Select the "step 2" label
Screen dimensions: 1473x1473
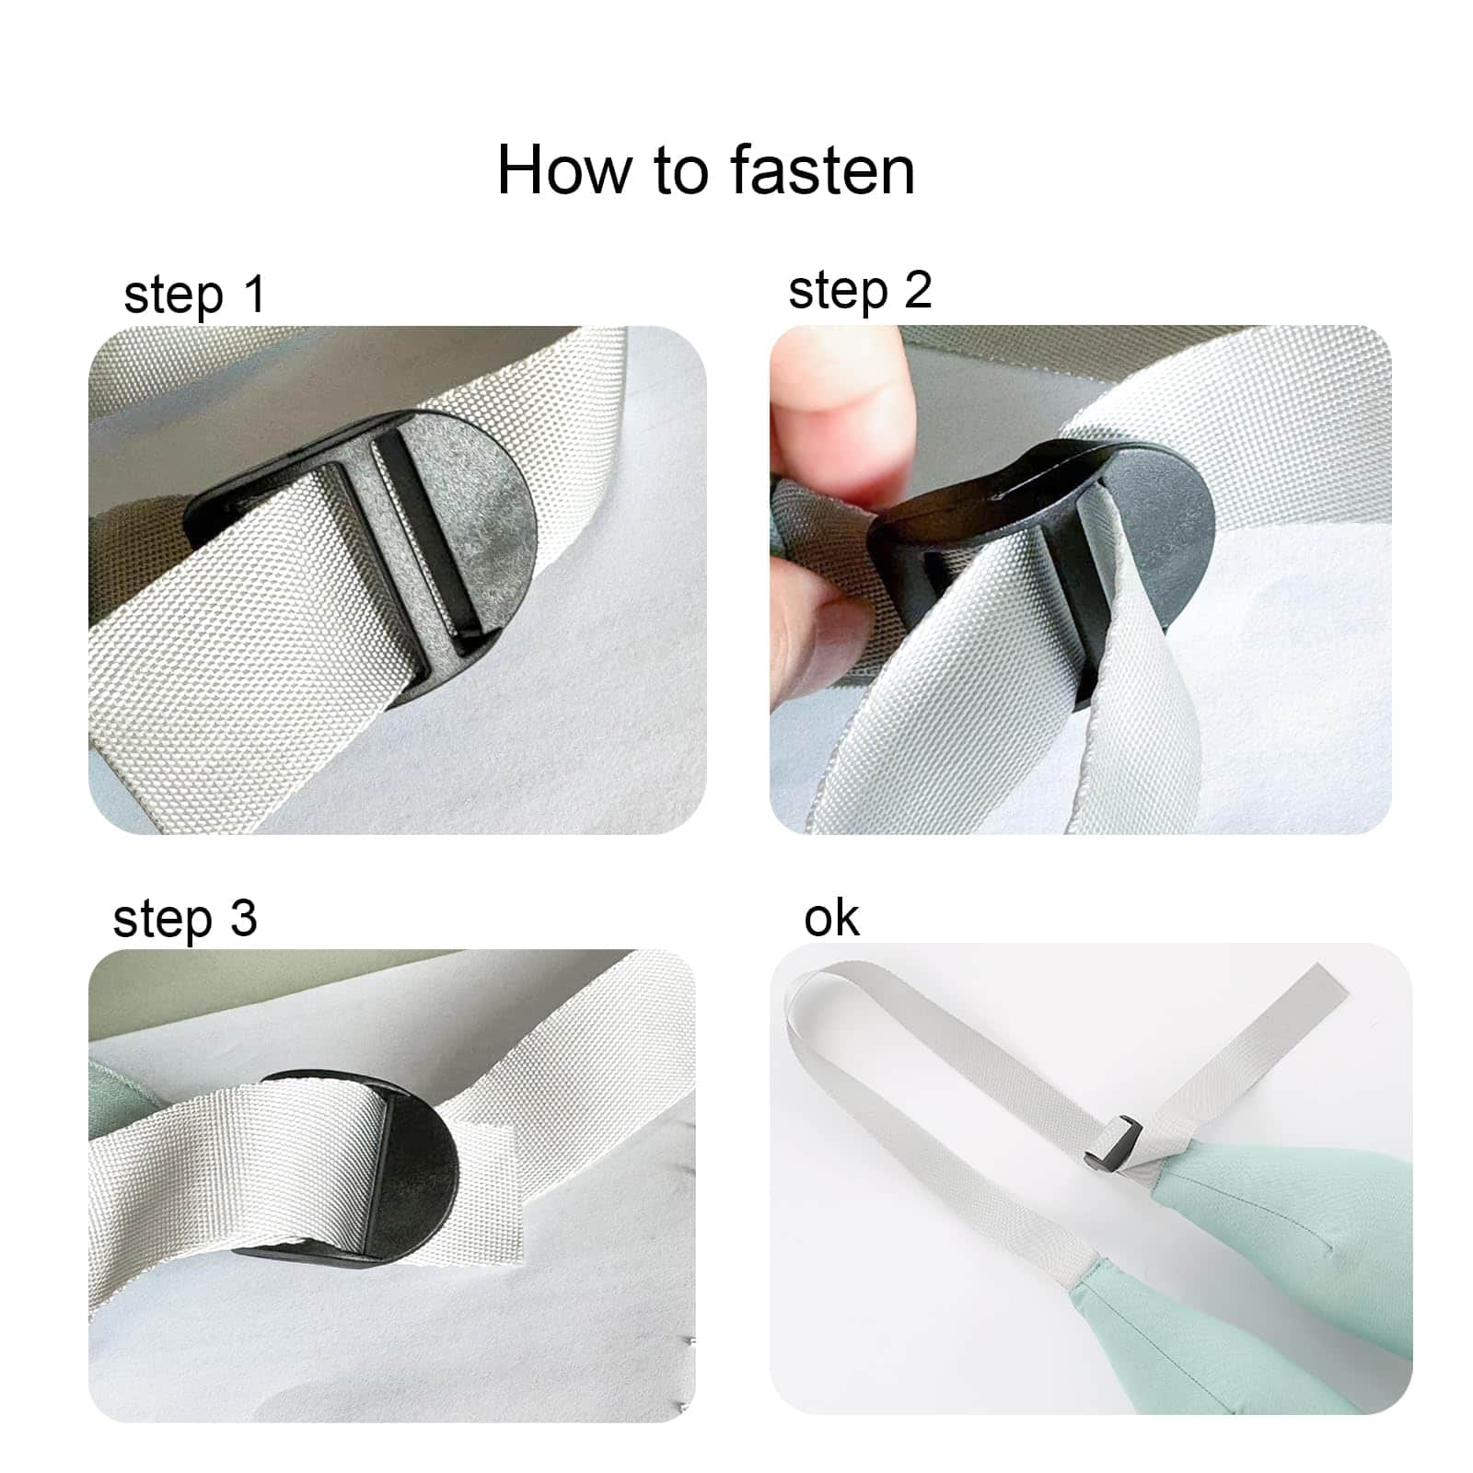[860, 291]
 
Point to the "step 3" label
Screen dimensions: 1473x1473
[185, 920]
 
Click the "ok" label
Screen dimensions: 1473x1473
[831, 918]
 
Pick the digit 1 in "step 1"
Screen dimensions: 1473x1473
[254, 294]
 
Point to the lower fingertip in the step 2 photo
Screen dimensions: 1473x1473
[810, 626]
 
